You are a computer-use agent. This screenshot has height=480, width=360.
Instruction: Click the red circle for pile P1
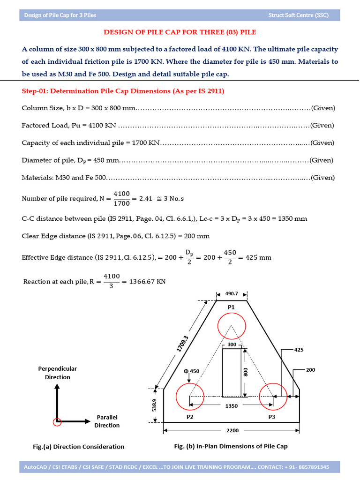click(232, 325)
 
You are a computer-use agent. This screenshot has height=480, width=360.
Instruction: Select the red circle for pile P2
click(189, 397)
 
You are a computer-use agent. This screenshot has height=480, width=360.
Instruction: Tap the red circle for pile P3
click(273, 397)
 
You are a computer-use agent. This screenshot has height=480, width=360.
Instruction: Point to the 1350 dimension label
click(232, 406)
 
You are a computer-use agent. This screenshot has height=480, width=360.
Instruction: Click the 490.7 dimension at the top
click(232, 293)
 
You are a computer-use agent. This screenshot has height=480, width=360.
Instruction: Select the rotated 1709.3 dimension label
click(183, 344)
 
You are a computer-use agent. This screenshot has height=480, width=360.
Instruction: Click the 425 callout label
click(299, 350)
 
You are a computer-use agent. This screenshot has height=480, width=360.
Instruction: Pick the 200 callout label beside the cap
click(310, 370)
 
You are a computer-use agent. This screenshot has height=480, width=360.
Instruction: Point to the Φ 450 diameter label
click(192, 371)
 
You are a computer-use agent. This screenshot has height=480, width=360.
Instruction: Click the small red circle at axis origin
click(57, 421)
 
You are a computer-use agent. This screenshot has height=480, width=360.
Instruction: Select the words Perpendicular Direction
click(57, 373)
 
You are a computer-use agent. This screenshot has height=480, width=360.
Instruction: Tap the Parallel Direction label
click(107, 421)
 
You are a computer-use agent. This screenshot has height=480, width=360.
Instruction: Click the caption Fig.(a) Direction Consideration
click(79, 447)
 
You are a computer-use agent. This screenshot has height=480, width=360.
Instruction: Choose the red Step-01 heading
click(123, 91)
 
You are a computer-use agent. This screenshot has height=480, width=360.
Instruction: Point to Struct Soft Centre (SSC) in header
click(298, 15)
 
